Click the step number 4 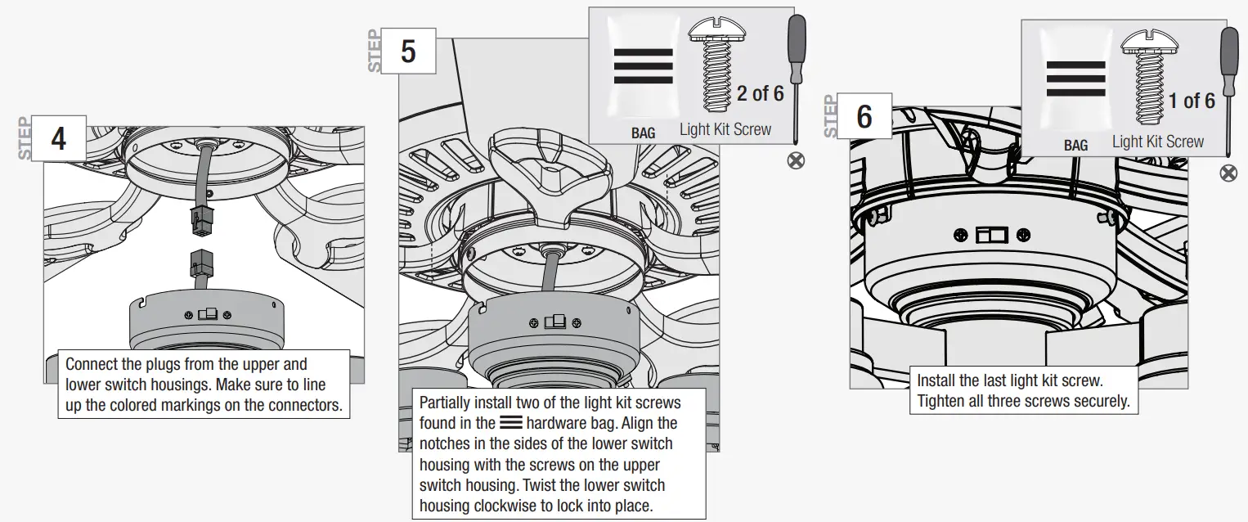[59, 139]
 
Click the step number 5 [408, 52]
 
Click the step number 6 [864, 117]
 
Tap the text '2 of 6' [760, 93]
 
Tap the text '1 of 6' [1192, 101]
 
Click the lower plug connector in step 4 [200, 264]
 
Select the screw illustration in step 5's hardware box [717, 65]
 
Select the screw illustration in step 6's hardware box [1149, 74]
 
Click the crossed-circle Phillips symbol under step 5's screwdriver [795, 160]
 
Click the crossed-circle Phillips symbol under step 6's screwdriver [1228, 173]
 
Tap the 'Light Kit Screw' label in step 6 [1157, 142]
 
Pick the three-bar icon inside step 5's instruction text [511, 423]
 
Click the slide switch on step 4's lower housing [209, 314]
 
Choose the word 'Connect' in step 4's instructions [92, 364]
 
